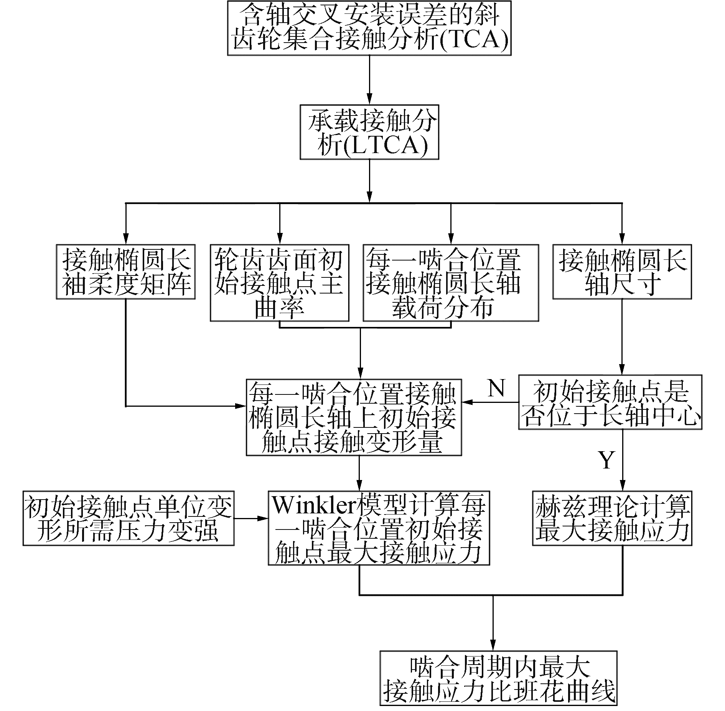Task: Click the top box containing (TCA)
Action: [369, 28]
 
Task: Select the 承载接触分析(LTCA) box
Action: [369, 132]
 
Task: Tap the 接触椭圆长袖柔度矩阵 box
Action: [126, 272]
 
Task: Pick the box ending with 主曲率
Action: [279, 283]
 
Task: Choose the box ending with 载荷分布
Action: [451, 283]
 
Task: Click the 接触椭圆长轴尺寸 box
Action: [622, 272]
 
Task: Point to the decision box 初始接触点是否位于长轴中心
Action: [610, 402]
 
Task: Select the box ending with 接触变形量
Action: [354, 417]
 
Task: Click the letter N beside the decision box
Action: [497, 388]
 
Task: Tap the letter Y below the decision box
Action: [606, 460]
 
